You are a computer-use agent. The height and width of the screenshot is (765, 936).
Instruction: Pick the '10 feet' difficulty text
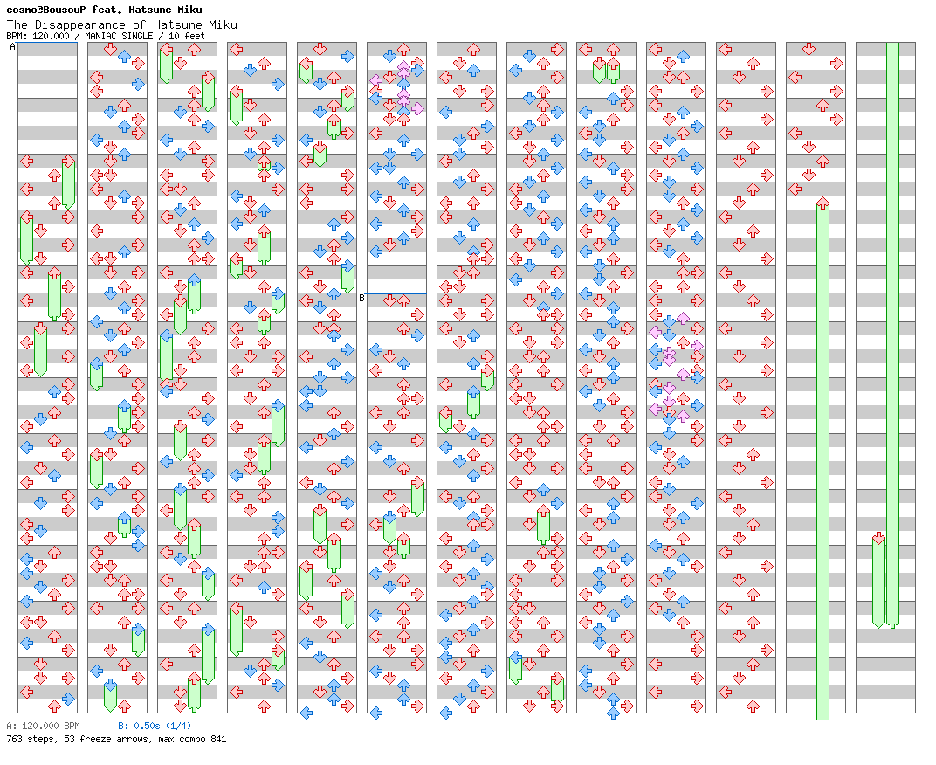click(x=187, y=36)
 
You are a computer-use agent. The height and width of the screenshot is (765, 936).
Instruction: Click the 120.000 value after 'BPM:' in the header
click(x=51, y=36)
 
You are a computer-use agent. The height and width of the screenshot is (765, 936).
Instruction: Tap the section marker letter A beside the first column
click(x=12, y=46)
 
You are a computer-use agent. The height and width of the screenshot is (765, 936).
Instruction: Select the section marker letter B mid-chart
click(x=361, y=298)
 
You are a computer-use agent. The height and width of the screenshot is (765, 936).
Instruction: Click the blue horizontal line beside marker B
click(x=396, y=293)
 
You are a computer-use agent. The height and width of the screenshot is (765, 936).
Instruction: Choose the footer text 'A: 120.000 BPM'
click(x=43, y=727)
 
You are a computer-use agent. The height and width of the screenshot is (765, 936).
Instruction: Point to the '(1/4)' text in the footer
click(x=178, y=727)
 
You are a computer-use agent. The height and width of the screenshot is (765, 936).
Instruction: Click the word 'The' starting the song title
click(x=17, y=25)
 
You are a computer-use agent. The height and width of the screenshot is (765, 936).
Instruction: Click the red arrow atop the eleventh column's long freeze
click(x=822, y=203)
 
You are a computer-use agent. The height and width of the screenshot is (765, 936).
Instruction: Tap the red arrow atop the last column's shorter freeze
click(x=878, y=539)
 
